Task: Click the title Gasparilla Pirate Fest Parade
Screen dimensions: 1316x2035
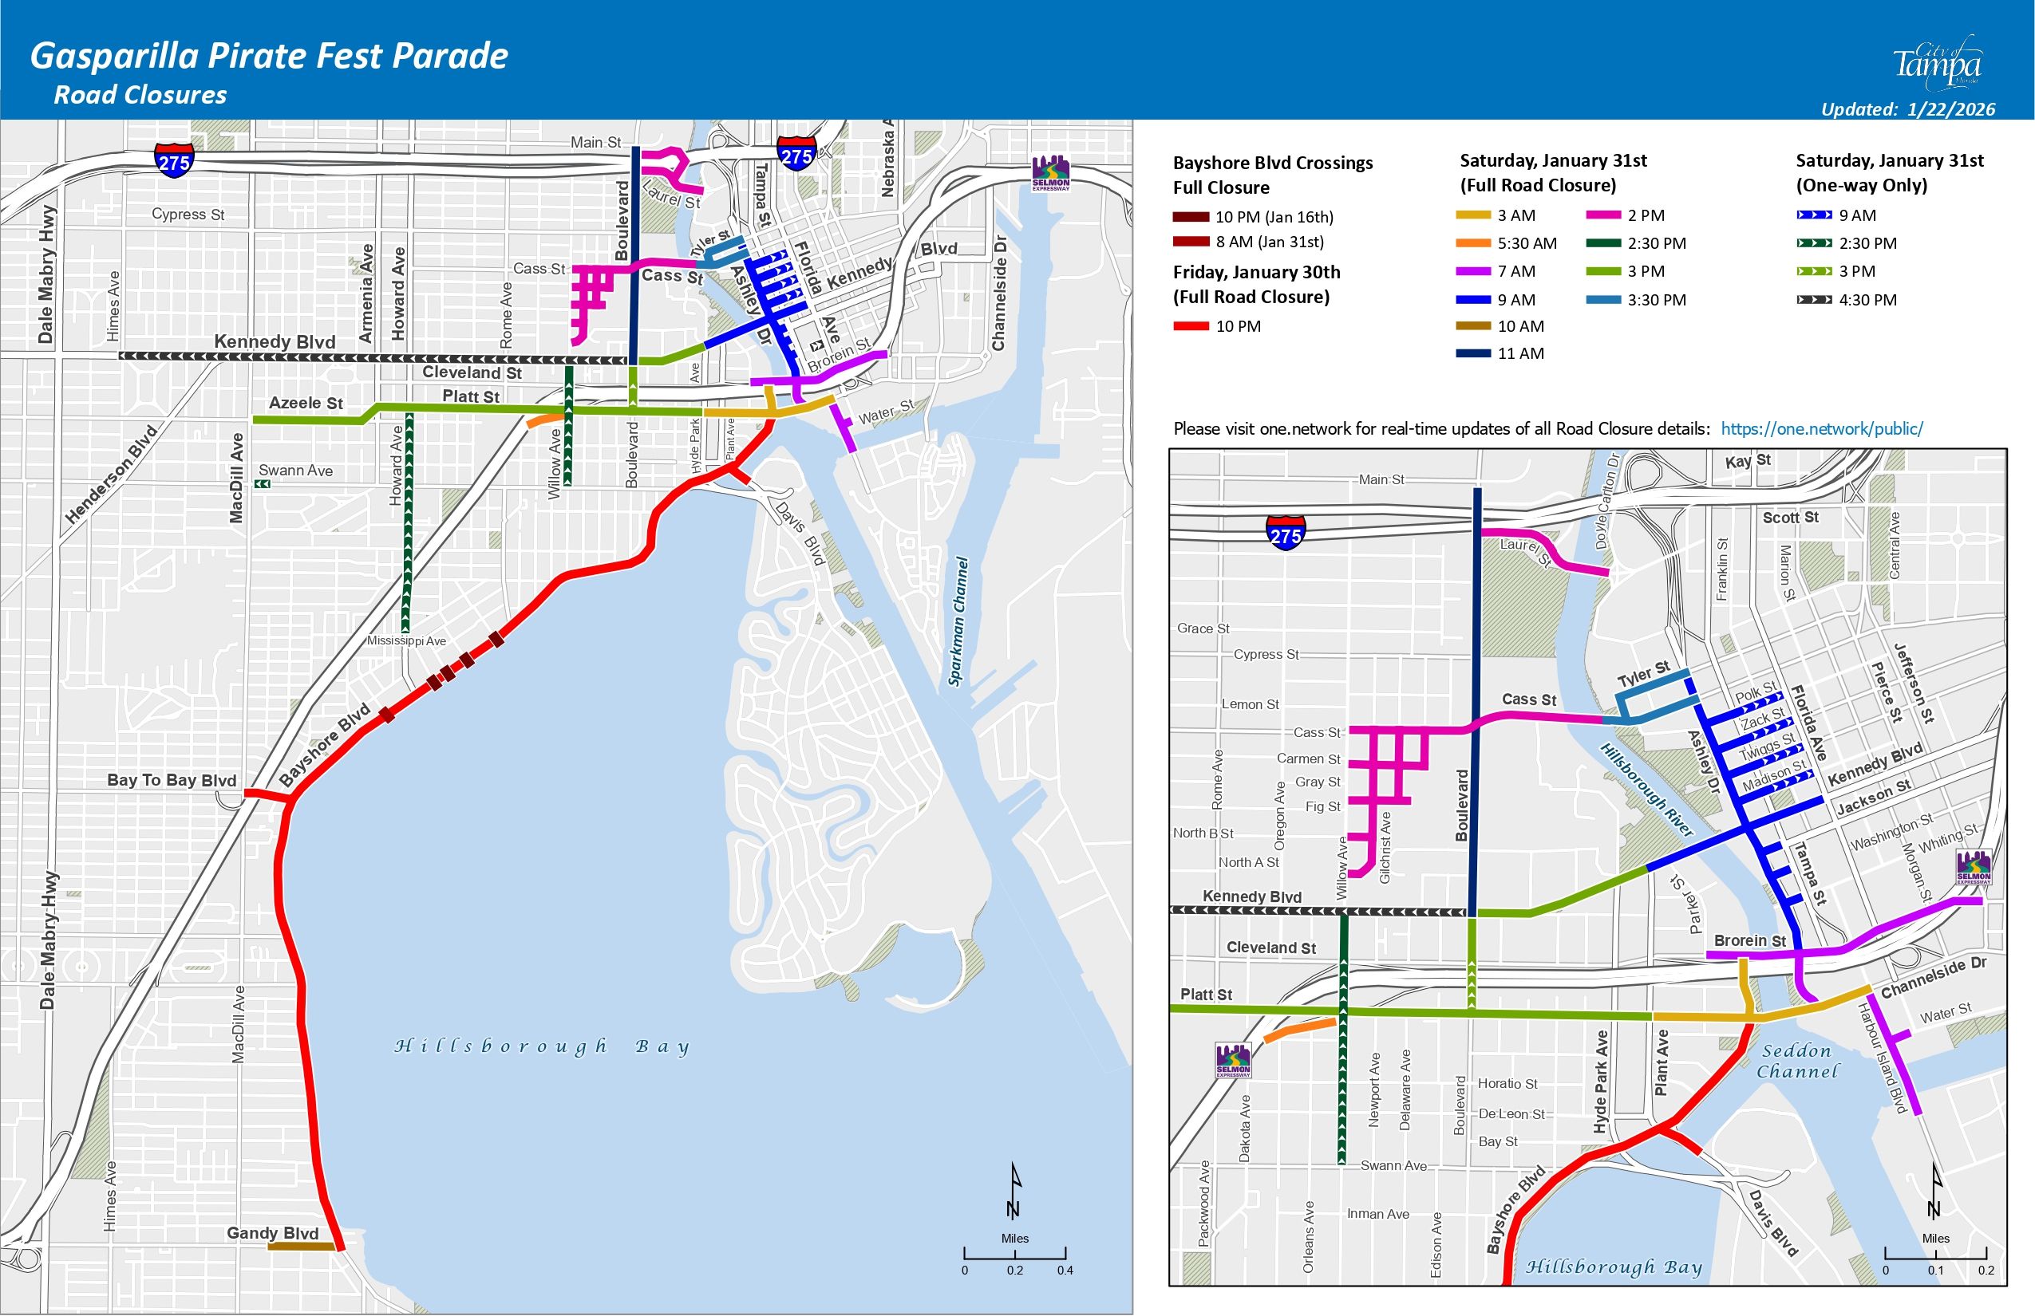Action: click(x=270, y=57)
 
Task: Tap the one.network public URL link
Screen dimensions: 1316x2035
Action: click(x=1821, y=429)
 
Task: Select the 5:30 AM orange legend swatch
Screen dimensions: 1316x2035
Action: click(x=1473, y=243)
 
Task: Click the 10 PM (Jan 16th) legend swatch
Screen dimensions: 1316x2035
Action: click(x=1190, y=217)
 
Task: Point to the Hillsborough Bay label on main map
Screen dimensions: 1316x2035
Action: click(x=541, y=1046)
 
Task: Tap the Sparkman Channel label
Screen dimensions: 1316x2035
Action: click(x=958, y=621)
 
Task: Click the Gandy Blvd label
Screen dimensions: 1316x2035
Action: click(x=272, y=1233)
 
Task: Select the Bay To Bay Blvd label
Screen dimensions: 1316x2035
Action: click(x=171, y=780)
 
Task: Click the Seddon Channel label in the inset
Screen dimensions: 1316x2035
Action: click(x=1796, y=1061)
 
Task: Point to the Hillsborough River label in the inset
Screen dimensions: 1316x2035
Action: click(x=1646, y=790)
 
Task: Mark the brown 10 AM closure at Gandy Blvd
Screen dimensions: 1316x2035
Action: click(x=301, y=1247)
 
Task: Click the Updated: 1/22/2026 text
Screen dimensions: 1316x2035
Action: click(x=1907, y=109)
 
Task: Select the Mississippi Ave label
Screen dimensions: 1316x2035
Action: click(x=406, y=641)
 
